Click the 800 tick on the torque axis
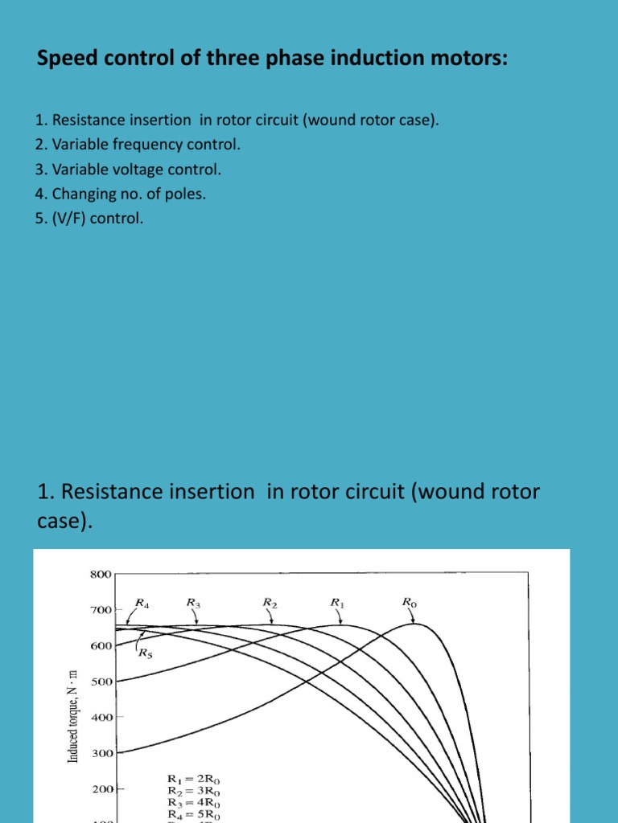(101, 575)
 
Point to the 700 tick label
(101, 611)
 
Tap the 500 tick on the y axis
(101, 682)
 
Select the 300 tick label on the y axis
(101, 753)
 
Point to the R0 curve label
(410, 601)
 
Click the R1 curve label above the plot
(338, 601)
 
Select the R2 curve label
(270, 601)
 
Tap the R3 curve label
(193, 601)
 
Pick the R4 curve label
(142, 602)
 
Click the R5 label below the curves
(146, 653)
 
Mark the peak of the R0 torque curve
(414, 624)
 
